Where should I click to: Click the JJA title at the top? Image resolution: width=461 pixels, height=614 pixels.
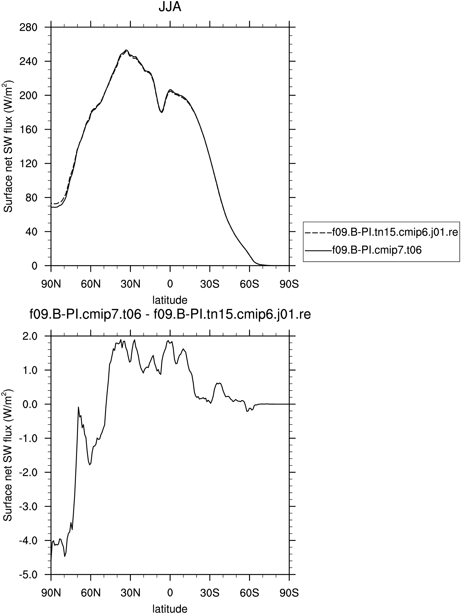(170, 7)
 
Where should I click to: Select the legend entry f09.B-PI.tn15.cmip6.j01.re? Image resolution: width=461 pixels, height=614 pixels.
(381, 232)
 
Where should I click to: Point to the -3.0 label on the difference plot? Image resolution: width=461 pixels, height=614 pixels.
(28, 507)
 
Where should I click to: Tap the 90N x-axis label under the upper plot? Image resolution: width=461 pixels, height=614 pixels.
(51, 284)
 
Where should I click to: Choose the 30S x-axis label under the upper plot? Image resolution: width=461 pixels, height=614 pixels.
(210, 284)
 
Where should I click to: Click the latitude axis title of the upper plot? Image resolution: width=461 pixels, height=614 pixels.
(170, 300)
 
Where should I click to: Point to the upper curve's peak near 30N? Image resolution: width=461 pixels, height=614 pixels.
(126, 50)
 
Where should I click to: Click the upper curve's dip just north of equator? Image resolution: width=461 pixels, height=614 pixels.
(161, 112)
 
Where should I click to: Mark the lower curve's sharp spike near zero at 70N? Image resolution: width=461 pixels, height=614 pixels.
(78, 407)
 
